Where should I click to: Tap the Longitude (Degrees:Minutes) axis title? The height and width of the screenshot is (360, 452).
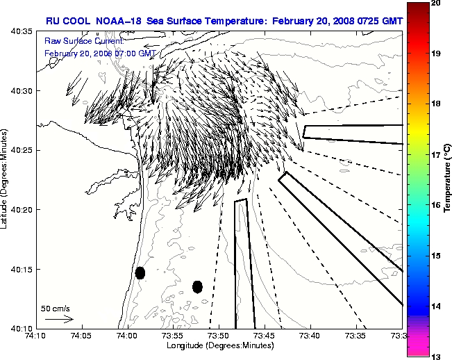[x=219, y=345]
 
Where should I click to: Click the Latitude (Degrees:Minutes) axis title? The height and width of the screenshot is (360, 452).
[x=6, y=179]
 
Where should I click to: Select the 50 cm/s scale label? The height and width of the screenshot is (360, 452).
[x=56, y=308]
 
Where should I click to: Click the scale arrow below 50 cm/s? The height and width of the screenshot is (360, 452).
[x=59, y=319]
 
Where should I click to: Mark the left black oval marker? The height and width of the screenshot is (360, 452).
[x=140, y=272]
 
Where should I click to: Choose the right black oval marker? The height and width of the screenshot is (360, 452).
[x=197, y=286]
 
